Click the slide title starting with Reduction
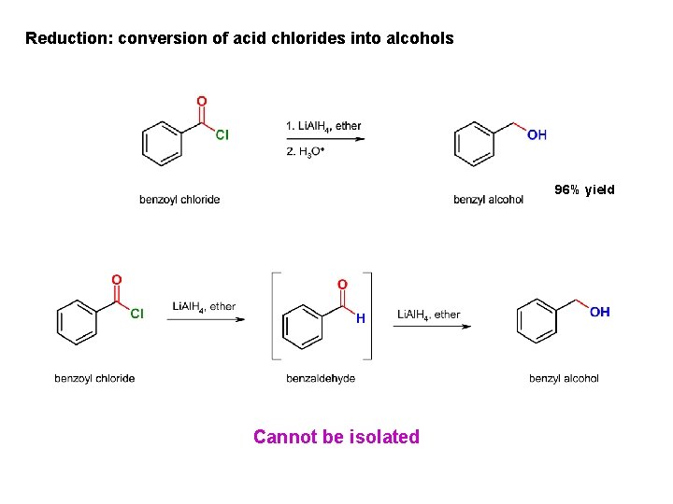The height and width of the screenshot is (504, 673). coord(239,38)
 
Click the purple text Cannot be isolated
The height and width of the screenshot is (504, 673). coord(336,437)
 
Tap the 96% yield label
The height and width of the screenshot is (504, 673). coord(584,189)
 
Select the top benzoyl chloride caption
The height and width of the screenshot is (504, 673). coord(179,199)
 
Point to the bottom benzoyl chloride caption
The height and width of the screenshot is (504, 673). coord(94,378)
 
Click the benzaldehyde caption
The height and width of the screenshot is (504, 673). coord(321,378)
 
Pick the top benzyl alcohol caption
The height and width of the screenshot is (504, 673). coord(488,199)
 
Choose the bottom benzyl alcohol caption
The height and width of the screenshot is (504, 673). coord(564,378)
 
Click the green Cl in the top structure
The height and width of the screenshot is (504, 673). coord(222,134)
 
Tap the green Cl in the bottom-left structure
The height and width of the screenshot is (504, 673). coord(136,314)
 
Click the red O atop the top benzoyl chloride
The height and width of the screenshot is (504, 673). coord(202,102)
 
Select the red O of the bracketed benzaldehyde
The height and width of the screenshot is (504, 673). coord(342,284)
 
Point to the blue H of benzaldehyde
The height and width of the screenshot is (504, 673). coord(361,318)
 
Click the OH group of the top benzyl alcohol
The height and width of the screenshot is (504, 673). coord(537,134)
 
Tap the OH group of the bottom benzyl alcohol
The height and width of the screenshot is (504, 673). coord(600,312)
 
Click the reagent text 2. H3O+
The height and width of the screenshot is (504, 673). coord(305,153)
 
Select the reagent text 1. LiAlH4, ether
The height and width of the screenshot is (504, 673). coord(323,126)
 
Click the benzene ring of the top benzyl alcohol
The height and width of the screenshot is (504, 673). coord(474,143)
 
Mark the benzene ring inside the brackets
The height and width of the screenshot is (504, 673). coord(302,324)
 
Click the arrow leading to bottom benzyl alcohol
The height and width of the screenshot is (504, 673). coord(434,327)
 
